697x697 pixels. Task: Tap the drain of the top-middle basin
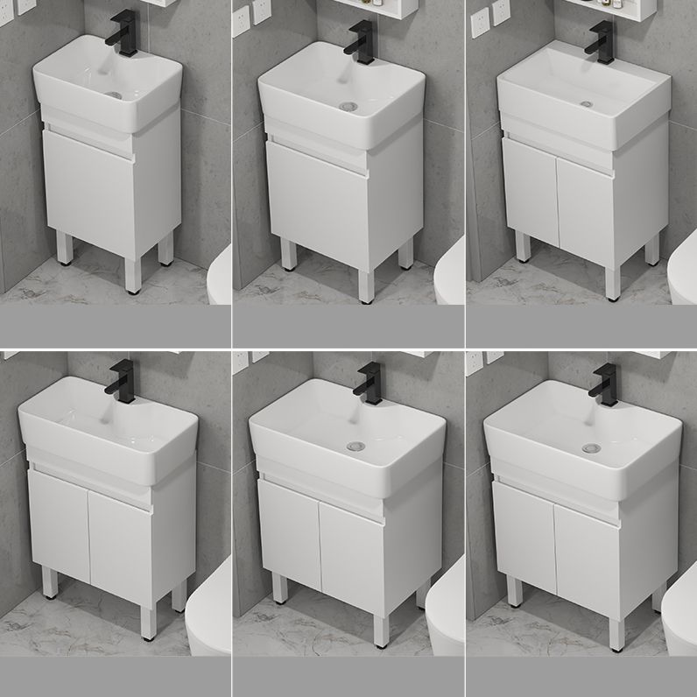[348, 107]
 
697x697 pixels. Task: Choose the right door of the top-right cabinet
[587, 204]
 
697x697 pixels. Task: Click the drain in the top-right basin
[585, 103]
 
